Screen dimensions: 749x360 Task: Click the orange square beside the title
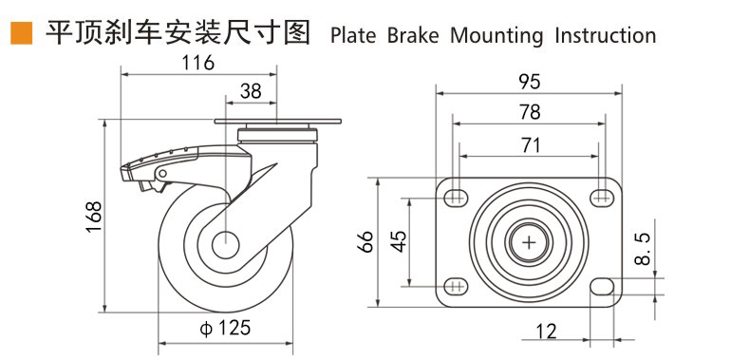tap(21, 33)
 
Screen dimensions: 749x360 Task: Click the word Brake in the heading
tap(412, 36)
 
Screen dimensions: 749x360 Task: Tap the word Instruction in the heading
tap(606, 36)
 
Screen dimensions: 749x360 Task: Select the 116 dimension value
tap(198, 63)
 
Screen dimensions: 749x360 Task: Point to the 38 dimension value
tap(251, 91)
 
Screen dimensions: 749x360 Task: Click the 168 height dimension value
tap(94, 218)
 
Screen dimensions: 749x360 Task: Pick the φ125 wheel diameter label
tap(225, 328)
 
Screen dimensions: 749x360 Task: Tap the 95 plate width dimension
tap(530, 82)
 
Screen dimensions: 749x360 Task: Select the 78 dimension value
tap(530, 112)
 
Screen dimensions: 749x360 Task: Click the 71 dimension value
tap(530, 145)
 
